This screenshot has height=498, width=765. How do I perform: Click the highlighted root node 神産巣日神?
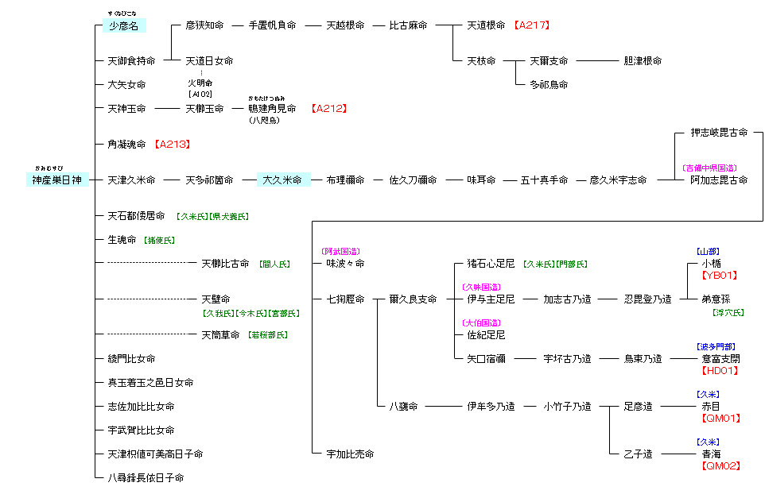pyautogui.click(x=56, y=180)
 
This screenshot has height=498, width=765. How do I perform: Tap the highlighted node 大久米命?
pyautogui.click(x=282, y=180)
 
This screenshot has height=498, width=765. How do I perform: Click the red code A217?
pyautogui.click(x=532, y=25)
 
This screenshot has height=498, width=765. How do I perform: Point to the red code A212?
pyautogui.click(x=329, y=108)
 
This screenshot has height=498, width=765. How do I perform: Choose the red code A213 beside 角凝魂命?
pyautogui.click(x=173, y=145)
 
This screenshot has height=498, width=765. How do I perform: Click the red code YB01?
pyautogui.click(x=719, y=276)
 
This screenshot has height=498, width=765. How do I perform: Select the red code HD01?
pyautogui.click(x=719, y=371)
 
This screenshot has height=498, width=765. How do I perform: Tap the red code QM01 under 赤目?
pyautogui.click(x=719, y=419)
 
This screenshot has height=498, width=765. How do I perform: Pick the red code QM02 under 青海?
pyautogui.click(x=719, y=466)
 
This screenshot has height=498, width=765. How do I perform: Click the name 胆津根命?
pyautogui.click(x=643, y=61)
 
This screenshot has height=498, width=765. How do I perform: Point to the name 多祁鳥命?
pyautogui.click(x=549, y=85)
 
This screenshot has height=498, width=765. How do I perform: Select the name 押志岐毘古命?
pyautogui.click(x=719, y=133)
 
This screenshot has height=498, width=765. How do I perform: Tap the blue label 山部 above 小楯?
pyautogui.click(x=708, y=252)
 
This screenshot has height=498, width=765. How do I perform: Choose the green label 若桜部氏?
pyautogui.click(x=268, y=335)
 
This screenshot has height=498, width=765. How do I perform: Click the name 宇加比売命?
pyautogui.click(x=350, y=454)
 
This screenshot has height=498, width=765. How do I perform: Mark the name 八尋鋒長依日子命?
pyautogui.click(x=146, y=478)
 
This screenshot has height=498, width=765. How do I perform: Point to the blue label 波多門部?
pyautogui.click(x=716, y=347)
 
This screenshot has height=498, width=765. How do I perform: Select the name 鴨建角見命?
pyautogui.click(x=272, y=109)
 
